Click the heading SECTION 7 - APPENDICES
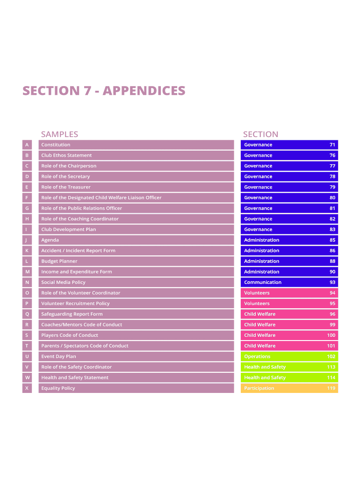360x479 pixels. pyautogui.click(x=104, y=91)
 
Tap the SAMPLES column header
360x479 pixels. pyautogui.click(x=59, y=134)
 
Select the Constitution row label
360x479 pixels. pyautogui.click(x=56, y=145)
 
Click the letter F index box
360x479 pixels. pyautogui.click(x=27, y=198)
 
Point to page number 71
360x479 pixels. pyautogui.click(x=332, y=145)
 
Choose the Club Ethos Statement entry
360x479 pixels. pyautogui.click(x=66, y=155)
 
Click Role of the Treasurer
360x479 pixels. pyautogui.click(x=66, y=187)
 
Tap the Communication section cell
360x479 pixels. pyautogui.click(x=263, y=283)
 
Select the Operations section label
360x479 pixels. pyautogui.click(x=257, y=356)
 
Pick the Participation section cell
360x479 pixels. pyautogui.click(x=259, y=388)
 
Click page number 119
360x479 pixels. pyautogui.click(x=331, y=388)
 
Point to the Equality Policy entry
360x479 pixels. pyautogui.click(x=58, y=388)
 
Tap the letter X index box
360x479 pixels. pyautogui.click(x=27, y=388)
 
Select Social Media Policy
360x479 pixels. pyautogui.click(x=63, y=283)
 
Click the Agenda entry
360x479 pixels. pyautogui.click(x=50, y=240)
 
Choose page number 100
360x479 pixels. pyautogui.click(x=331, y=335)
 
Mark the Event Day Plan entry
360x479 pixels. pyautogui.click(x=58, y=356)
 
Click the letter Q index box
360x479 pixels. pyautogui.click(x=27, y=314)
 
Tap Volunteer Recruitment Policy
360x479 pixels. pyautogui.click(x=75, y=304)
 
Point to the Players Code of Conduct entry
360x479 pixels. pyautogui.click(x=70, y=335)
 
